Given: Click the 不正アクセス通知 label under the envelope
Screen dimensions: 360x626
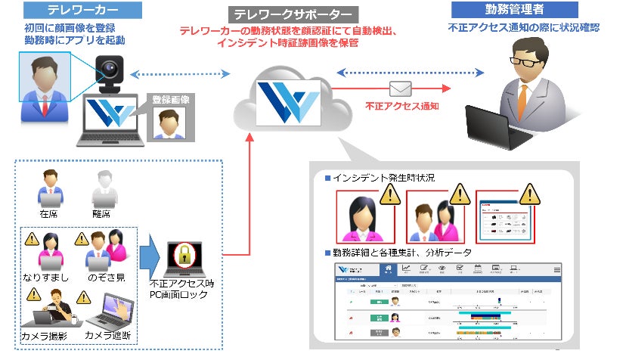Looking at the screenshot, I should coord(401,107).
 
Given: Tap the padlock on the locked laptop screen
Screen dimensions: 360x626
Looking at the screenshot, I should coord(184,256).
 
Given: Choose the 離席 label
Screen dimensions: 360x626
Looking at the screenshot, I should coord(104,215).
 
